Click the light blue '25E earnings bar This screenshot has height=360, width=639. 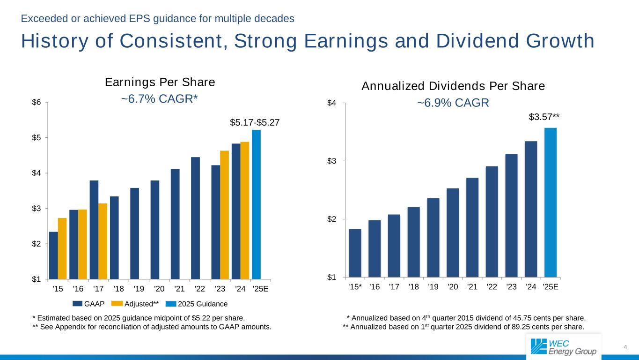point(256,204)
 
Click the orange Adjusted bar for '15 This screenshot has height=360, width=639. point(62,248)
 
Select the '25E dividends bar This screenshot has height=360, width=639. point(551,202)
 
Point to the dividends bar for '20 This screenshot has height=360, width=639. point(453,232)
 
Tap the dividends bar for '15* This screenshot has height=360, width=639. point(355,253)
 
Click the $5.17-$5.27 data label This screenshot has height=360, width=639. point(255,122)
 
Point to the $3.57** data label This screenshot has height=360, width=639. point(544,117)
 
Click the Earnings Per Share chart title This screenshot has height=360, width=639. point(160,82)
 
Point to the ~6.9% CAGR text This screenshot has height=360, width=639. point(453,103)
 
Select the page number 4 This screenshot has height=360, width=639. point(625,347)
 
